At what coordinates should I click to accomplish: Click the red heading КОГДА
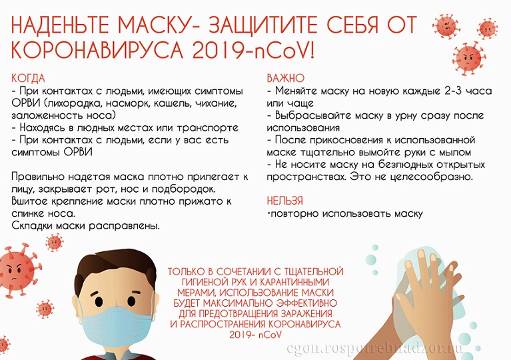[29, 79]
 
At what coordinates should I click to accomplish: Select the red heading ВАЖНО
[286, 78]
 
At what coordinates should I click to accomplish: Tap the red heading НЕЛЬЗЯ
[285, 201]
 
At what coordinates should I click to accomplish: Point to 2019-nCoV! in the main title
[254, 49]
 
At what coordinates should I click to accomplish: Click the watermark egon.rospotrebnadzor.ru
[375, 348]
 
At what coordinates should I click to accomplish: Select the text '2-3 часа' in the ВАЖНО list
[468, 91]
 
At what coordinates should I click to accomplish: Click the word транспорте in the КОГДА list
[207, 128]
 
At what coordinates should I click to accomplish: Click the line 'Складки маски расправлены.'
[86, 226]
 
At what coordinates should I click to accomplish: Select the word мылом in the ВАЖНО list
[455, 153]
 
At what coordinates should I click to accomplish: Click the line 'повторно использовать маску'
[345, 214]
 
